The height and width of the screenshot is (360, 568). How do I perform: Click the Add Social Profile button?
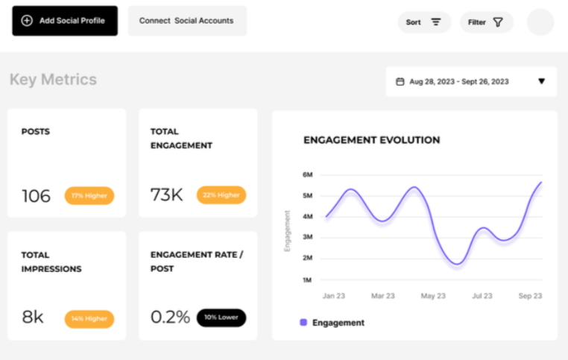click(65, 21)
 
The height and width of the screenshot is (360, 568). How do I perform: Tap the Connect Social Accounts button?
click(186, 21)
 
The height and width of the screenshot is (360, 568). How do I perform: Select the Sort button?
click(423, 22)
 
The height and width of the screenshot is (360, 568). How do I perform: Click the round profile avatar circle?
click(540, 22)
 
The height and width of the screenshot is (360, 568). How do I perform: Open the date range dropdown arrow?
click(541, 81)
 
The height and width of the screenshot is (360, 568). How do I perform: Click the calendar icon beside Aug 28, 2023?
click(400, 82)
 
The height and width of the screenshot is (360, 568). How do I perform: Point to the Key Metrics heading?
click(53, 80)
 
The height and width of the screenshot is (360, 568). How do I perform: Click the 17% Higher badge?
click(89, 196)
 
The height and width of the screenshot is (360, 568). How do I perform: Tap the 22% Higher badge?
click(221, 195)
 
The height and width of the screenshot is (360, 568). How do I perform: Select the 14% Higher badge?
click(89, 319)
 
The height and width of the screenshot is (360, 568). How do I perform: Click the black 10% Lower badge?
click(221, 318)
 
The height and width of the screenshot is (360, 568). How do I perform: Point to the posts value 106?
click(36, 196)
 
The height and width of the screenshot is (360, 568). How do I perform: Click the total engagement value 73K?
click(167, 195)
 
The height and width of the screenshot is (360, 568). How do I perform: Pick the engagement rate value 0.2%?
click(170, 318)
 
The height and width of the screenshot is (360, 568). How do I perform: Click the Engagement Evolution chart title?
click(371, 140)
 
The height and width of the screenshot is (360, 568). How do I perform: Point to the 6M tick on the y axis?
click(307, 175)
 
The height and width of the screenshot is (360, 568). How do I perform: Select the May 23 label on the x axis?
click(432, 296)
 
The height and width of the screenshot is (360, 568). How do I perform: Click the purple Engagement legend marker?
click(303, 323)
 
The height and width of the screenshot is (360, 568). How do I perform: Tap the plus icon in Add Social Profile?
click(27, 21)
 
